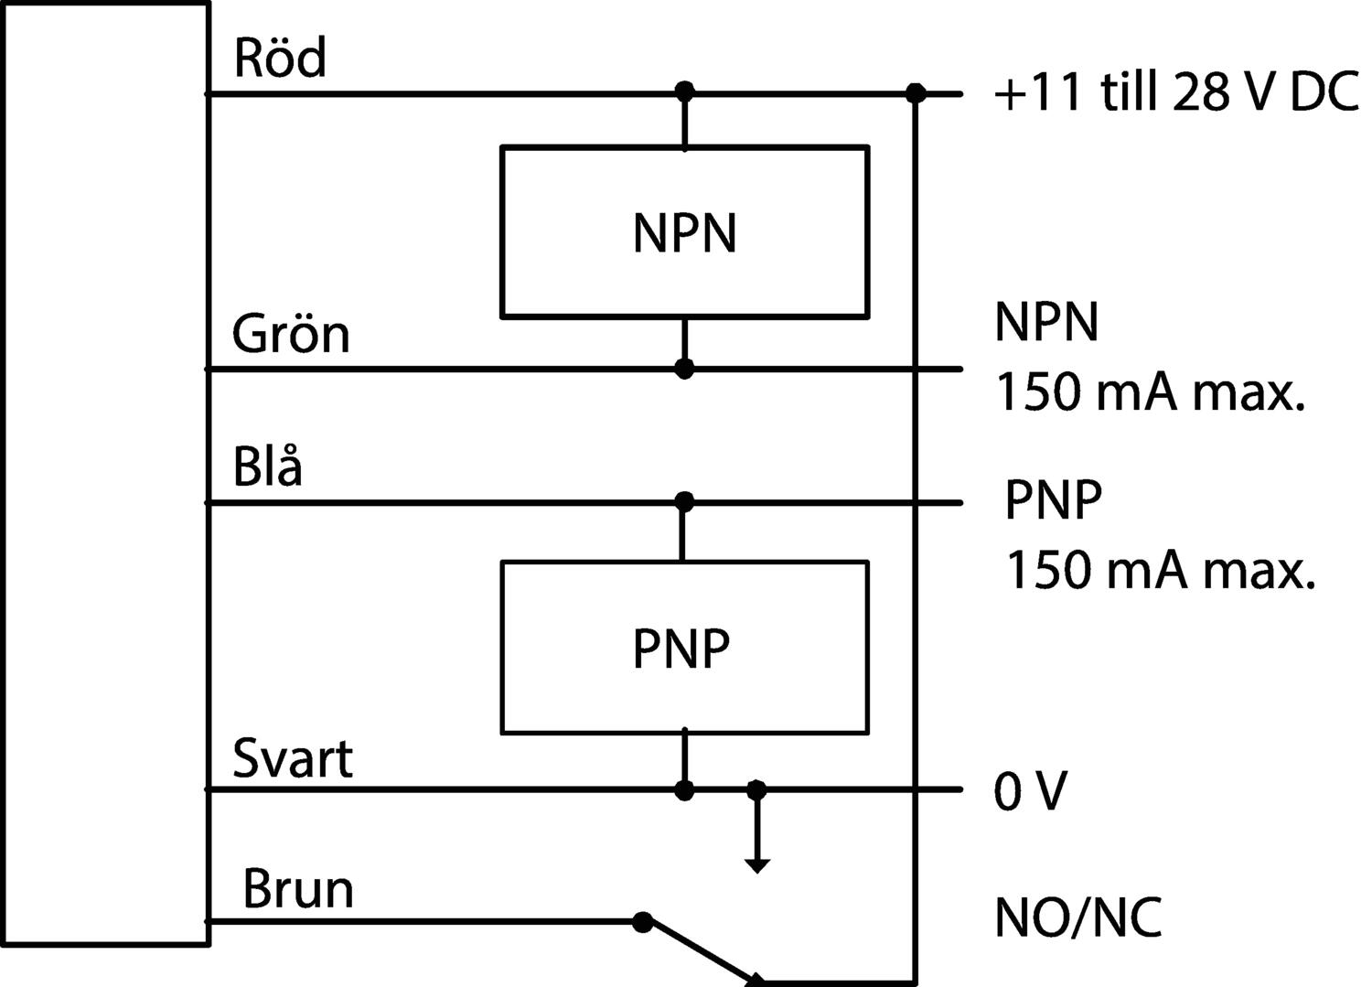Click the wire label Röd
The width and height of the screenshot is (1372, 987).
(280, 58)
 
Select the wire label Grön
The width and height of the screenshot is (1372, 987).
(291, 334)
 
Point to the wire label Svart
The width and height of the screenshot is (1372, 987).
(293, 758)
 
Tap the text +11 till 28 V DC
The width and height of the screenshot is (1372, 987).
(1176, 92)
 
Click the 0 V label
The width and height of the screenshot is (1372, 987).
(1031, 791)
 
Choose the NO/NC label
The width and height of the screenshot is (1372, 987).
(1078, 917)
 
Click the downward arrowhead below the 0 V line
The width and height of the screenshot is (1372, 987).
(757, 865)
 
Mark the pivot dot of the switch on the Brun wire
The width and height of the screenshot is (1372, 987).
(642, 921)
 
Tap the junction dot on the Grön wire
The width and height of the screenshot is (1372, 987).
(684, 369)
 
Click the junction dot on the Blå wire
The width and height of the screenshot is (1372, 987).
(684, 502)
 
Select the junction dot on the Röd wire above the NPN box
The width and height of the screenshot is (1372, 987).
(684, 91)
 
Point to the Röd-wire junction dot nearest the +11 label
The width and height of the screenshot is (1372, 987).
(916, 93)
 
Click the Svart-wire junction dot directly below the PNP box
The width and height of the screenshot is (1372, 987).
(684, 790)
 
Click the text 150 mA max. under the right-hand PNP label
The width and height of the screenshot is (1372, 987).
(1161, 570)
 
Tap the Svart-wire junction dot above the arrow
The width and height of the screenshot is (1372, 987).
(757, 789)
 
